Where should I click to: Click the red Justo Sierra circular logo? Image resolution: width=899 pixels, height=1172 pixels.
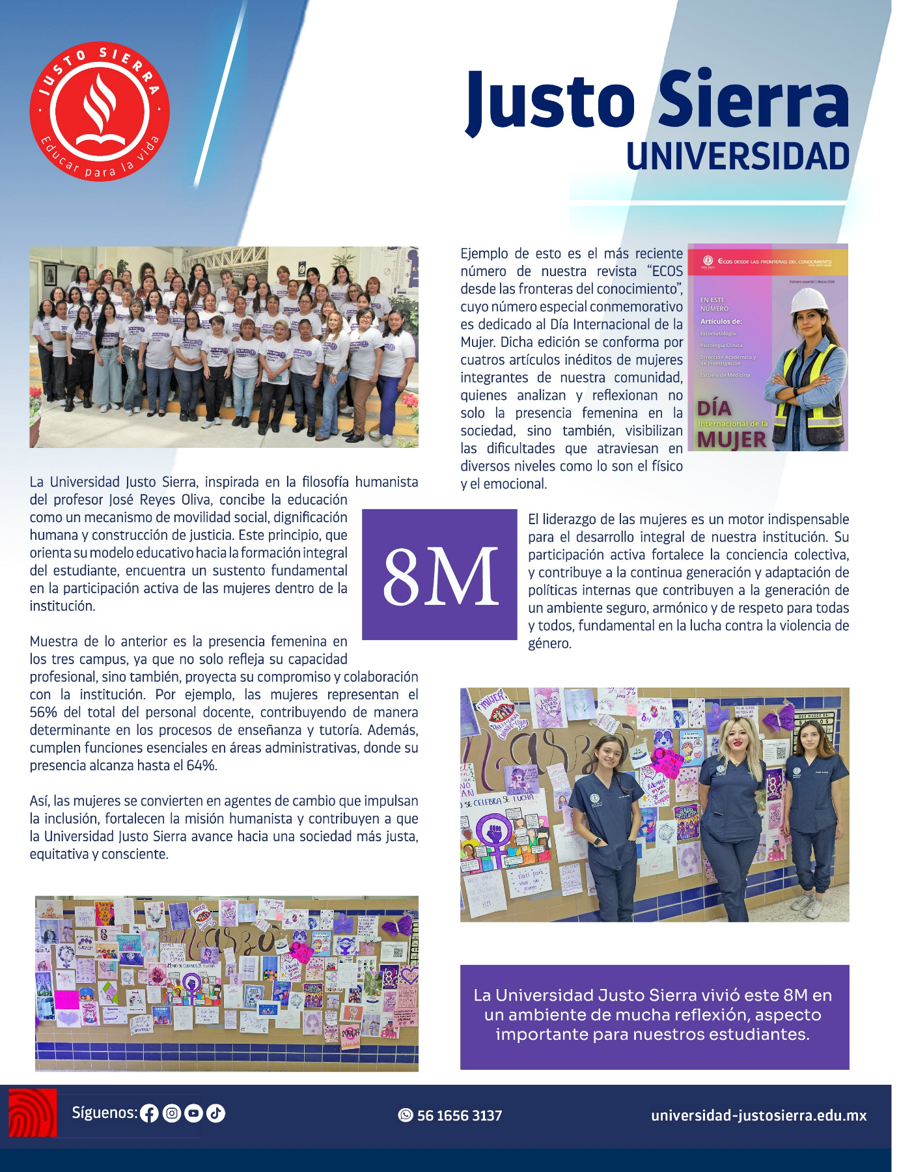[100, 111]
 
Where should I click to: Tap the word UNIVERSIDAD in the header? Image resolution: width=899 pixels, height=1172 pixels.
[738, 157]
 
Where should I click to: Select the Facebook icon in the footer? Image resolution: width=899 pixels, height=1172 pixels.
[149, 1113]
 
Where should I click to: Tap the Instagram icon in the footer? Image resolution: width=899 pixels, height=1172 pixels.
[171, 1113]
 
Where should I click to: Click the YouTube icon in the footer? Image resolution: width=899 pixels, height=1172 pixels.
[193, 1113]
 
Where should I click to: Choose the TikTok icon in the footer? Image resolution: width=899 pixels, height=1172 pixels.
[215, 1113]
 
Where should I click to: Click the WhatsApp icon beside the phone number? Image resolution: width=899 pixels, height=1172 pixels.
[406, 1115]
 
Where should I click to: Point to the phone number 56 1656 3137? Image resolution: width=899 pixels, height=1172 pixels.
[460, 1115]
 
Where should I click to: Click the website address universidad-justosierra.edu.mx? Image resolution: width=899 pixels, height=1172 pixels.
[758, 1115]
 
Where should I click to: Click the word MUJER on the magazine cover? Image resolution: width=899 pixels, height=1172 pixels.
[732, 440]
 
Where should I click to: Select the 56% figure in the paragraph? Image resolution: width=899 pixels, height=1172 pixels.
[42, 712]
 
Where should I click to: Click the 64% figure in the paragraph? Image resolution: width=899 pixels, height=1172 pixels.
[201, 766]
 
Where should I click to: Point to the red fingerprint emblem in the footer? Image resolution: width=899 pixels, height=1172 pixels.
[33, 1113]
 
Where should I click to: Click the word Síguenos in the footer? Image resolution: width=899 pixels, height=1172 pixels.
[104, 1113]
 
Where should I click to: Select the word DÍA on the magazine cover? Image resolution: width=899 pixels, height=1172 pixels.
[714, 408]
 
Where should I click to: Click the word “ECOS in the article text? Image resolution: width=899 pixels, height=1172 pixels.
[665, 272]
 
